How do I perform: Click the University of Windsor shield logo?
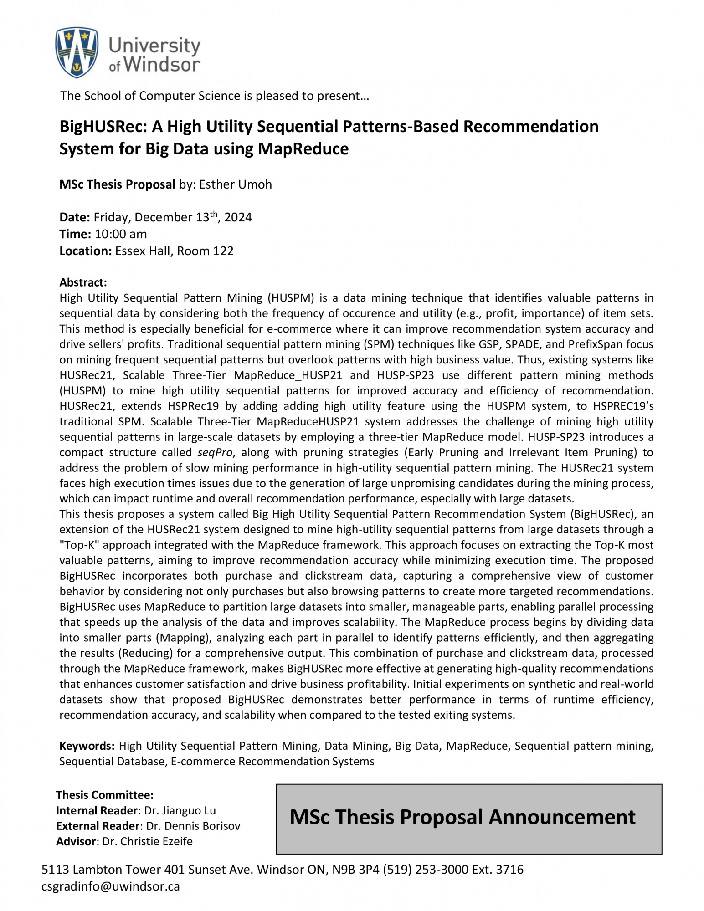pos(76,52)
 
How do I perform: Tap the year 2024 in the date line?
pos(238,217)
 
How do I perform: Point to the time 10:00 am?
pos(121,234)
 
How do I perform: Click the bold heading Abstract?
pos(83,282)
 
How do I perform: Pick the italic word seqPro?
pos(215,452)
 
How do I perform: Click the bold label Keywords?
pos(87,746)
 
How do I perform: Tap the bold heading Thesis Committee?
pos(104,795)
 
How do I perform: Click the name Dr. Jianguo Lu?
pos(180,810)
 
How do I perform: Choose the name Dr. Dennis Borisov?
pos(193,826)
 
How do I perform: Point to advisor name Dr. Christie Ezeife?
pos(147,841)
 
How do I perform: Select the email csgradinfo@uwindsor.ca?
pos(110,886)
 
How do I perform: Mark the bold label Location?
pos(85,251)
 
